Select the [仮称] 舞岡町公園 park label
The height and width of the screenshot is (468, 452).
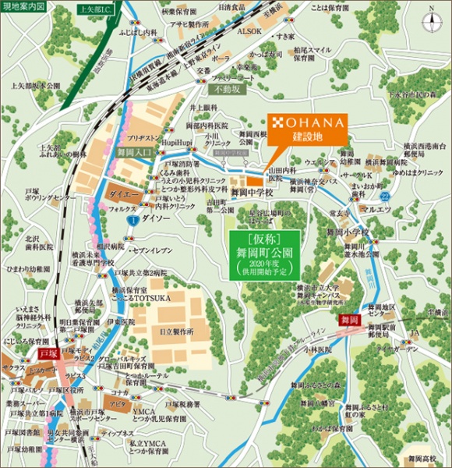[264, 253]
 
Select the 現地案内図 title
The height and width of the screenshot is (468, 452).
[23, 8]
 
